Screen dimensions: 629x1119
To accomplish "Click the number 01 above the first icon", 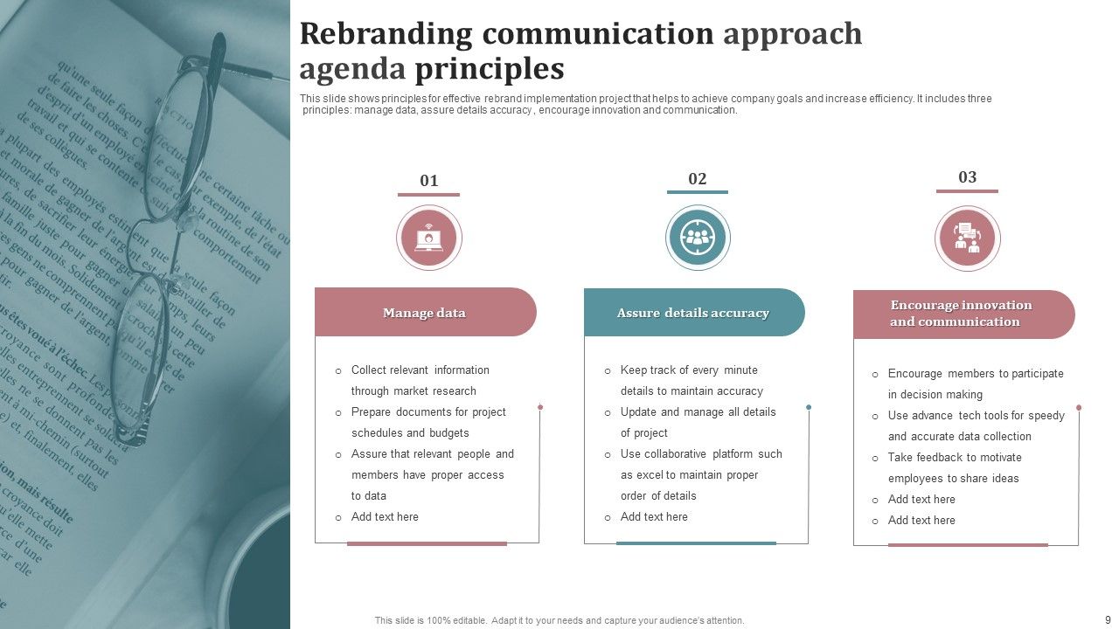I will pyautogui.click(x=428, y=181).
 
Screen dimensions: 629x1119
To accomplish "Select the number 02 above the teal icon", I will pyautogui.click(x=697, y=179).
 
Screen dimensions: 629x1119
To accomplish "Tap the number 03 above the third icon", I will pyautogui.click(x=967, y=177).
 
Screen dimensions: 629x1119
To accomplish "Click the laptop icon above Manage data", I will pyautogui.click(x=428, y=238).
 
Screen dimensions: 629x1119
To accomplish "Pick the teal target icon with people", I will pyautogui.click(x=698, y=238).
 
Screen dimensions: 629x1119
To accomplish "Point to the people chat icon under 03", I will pyautogui.click(x=967, y=238).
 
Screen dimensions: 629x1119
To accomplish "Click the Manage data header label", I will pyautogui.click(x=424, y=313).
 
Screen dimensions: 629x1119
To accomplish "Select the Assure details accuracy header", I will pyautogui.click(x=692, y=313).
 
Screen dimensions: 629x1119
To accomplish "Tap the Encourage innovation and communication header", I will pyautogui.click(x=961, y=314).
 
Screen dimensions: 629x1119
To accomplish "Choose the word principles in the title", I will pyautogui.click(x=489, y=68).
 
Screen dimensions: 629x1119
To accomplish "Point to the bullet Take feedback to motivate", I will pyautogui.click(x=954, y=458).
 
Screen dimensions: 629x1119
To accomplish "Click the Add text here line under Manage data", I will pyautogui.click(x=385, y=517).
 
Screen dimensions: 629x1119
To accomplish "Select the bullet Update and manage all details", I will pyautogui.click(x=698, y=412).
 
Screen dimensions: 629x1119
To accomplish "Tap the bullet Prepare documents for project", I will pyautogui.click(x=428, y=412).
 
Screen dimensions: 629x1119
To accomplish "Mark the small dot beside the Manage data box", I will pyautogui.click(x=540, y=407).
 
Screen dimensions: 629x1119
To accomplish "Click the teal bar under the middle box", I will pyautogui.click(x=696, y=543).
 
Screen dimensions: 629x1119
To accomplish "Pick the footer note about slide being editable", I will pyautogui.click(x=559, y=620).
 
